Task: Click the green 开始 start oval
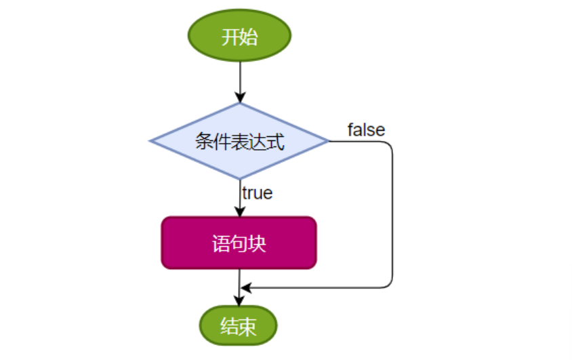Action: coord(239,37)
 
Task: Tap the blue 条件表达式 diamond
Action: coord(239,141)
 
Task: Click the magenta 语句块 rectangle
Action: coord(239,243)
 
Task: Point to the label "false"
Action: coord(366,129)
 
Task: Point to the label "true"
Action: coord(258,193)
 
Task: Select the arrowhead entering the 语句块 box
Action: coord(239,212)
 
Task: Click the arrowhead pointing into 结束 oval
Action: coord(239,301)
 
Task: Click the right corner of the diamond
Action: coord(327,141)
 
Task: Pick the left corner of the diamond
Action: coord(151,141)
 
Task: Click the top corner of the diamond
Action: coord(239,104)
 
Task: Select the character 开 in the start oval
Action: coord(230,37)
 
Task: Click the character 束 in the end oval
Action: coord(248,327)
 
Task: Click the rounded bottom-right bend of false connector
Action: coord(389,284)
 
